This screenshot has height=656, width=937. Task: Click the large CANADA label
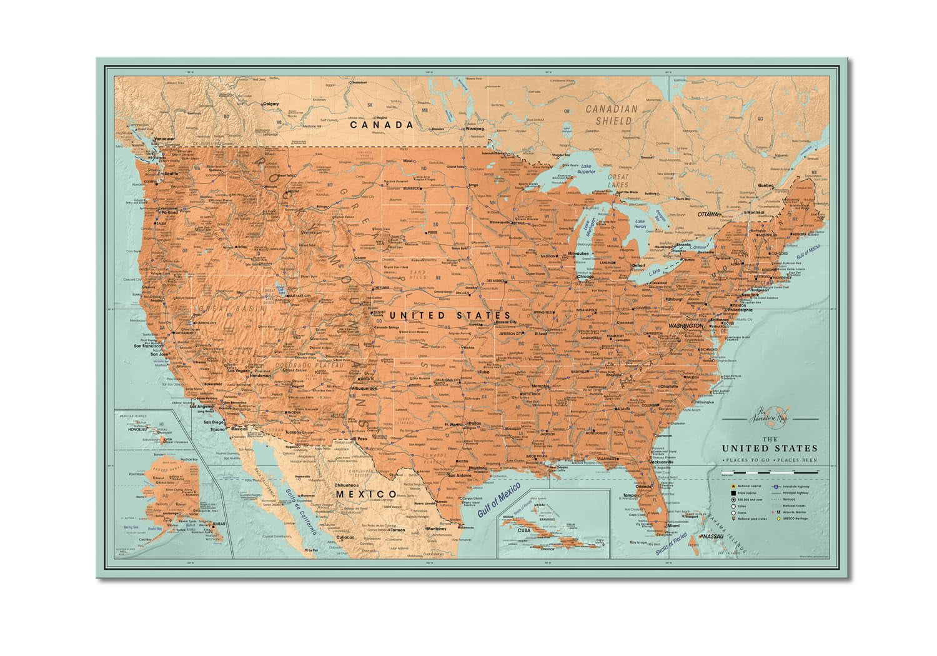(382, 124)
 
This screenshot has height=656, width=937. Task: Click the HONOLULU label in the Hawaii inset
(132, 429)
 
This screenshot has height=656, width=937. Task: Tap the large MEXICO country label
(365, 494)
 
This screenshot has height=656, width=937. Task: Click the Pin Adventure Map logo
(769, 421)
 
